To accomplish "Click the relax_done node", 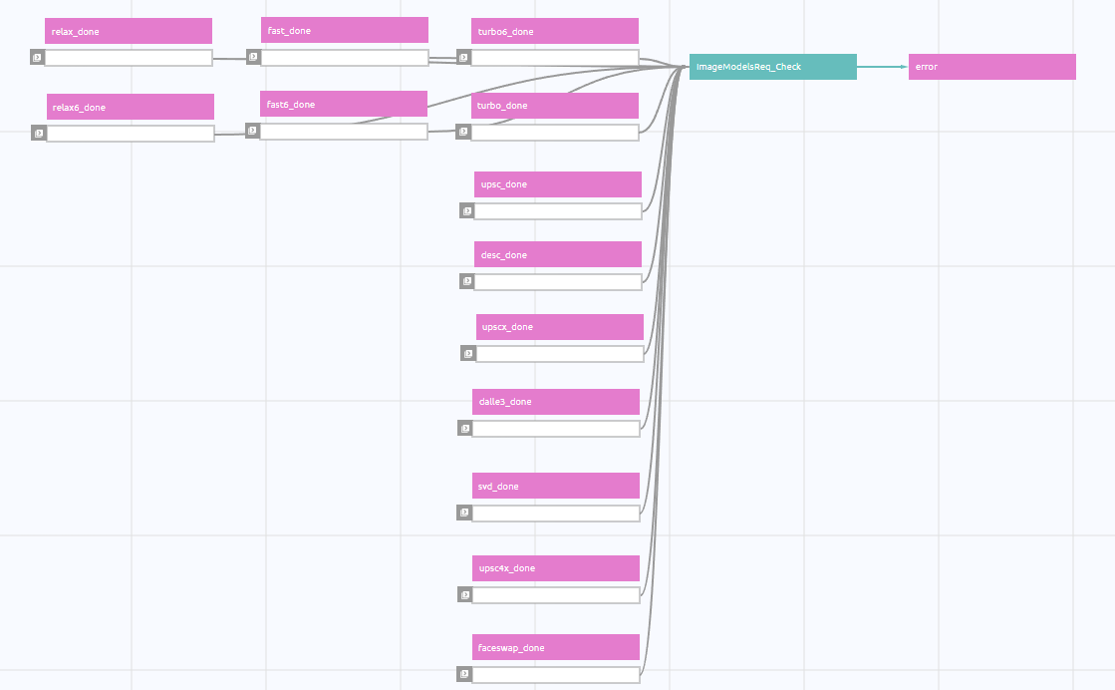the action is pos(128,31).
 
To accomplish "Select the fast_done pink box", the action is pos(344,31).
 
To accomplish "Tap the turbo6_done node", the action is pos(555,31).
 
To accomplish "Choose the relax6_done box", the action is pos(131,107).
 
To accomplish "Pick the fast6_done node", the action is pos(344,104).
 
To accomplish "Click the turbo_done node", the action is pos(555,106).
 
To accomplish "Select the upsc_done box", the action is pos(558,184).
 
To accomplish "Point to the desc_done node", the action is pos(558,254).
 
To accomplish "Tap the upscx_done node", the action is pos(560,327).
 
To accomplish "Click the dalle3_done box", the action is pos(555,402).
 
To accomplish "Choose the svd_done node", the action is pos(555,486).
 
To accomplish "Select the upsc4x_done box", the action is pos(555,568).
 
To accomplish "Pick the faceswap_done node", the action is pos(555,647).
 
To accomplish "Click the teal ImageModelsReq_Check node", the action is pos(773,67).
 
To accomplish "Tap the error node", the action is pos(992,67).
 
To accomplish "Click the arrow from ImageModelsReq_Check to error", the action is pos(883,67).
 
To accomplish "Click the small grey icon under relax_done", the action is pos(38,58).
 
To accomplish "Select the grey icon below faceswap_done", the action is pos(464,674).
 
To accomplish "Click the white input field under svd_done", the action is pos(555,513).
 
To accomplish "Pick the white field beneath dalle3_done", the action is pos(555,429).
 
